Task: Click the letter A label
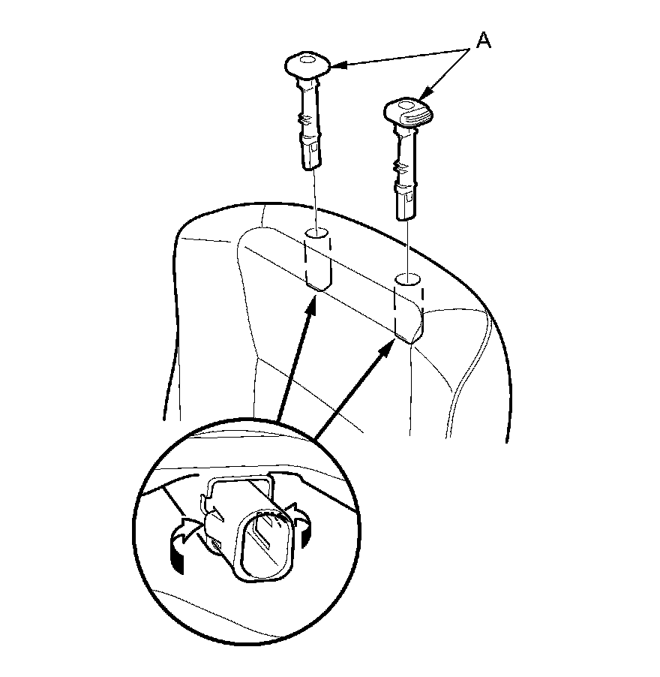tap(484, 41)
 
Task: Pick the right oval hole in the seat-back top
tap(408, 281)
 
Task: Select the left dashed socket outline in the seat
tap(319, 262)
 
